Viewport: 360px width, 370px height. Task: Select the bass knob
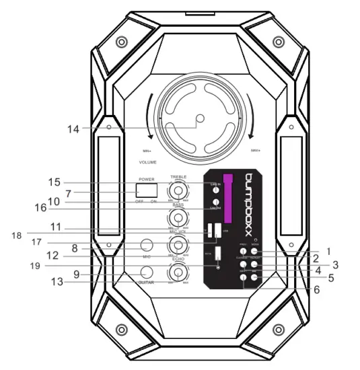179,217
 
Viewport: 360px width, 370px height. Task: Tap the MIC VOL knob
179,244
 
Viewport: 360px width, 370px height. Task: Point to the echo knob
179,272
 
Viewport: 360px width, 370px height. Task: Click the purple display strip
227,200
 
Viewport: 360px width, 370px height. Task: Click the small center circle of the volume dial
199,120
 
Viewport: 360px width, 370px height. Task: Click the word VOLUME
148,162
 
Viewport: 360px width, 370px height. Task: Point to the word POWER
146,180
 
